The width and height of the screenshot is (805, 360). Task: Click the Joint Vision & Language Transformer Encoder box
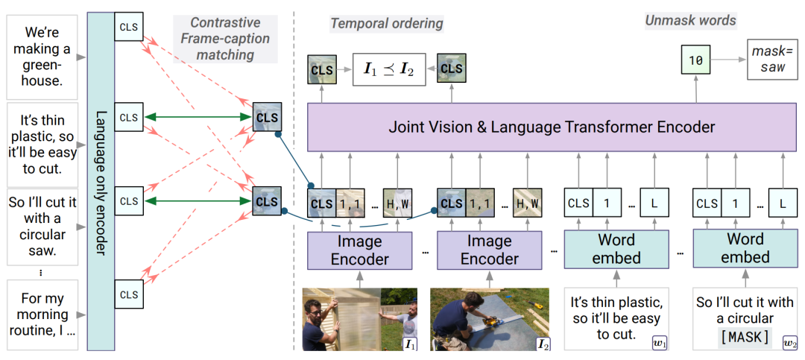click(x=555, y=127)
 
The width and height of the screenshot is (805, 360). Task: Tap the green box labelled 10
click(x=696, y=60)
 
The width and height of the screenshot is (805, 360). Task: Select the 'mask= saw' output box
click(x=768, y=60)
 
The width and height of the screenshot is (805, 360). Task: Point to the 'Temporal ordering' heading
click(x=387, y=24)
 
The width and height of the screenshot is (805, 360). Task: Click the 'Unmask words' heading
click(x=690, y=21)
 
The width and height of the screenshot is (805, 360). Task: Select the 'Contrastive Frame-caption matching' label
click(x=225, y=39)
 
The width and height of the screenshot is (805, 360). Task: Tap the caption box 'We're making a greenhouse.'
click(x=42, y=57)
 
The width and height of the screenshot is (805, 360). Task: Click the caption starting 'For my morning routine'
click(x=42, y=315)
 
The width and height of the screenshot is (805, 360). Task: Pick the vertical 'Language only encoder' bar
click(x=101, y=182)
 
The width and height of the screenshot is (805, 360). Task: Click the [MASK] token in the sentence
click(x=745, y=337)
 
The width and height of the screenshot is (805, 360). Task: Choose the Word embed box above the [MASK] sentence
click(x=745, y=248)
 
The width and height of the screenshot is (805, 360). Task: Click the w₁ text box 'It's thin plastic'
click(x=616, y=318)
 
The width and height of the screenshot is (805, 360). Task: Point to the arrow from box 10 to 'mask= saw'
click(x=729, y=60)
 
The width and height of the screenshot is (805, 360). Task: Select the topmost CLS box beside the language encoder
click(x=128, y=28)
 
